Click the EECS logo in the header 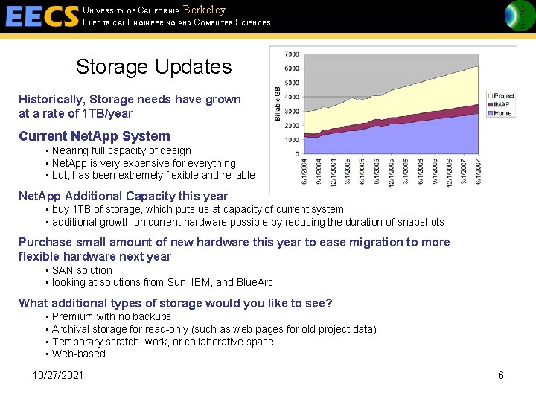point(41,16)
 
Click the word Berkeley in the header point(204,10)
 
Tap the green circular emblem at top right point(519,16)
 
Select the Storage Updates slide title point(153,67)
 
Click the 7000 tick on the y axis point(292,54)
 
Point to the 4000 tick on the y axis point(292,97)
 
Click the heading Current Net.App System point(95,136)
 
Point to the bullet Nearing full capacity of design point(121,150)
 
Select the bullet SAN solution point(82,270)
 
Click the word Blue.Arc point(255,282)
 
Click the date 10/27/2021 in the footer point(58,375)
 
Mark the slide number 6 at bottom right point(500,375)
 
